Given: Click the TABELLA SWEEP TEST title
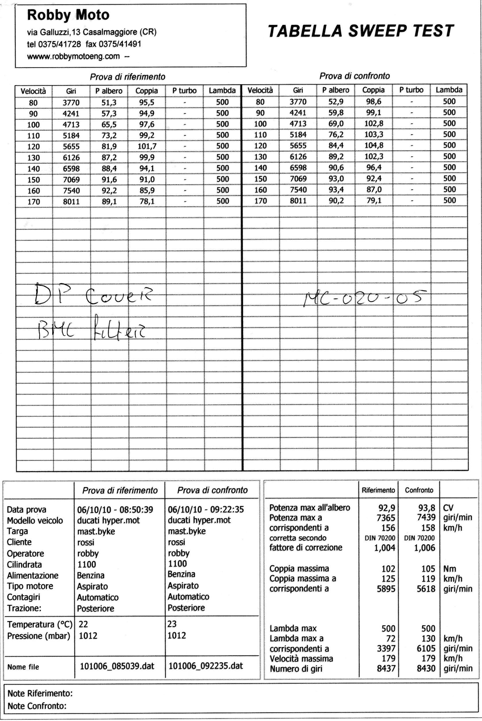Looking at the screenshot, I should pos(361,31).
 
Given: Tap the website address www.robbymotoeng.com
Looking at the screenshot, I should pos(74,56).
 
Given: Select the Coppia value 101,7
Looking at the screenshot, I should pos(147,146).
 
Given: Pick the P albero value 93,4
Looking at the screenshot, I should pos(336,190).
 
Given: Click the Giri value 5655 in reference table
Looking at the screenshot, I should pos(71,147).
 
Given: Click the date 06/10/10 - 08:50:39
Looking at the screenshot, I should pos(115,510).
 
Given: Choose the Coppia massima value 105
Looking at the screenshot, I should pos(428,569).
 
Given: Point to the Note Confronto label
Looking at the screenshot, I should pos(37,706).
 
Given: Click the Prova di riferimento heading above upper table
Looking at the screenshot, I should pos(127,76).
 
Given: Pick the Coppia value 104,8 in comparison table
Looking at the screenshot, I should pos(373,145).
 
